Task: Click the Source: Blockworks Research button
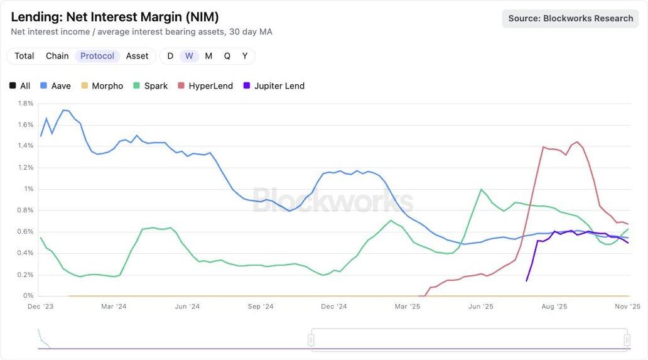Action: tap(570, 18)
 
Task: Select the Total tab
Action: tap(24, 56)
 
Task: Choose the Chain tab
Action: tap(57, 56)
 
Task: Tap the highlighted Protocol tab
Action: tap(97, 56)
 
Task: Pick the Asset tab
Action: tap(137, 56)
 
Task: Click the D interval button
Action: tap(170, 56)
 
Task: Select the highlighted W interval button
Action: tap(189, 56)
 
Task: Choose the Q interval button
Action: tap(227, 56)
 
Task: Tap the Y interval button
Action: tap(245, 56)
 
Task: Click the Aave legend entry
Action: tap(55, 85)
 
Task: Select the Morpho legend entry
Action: tap(102, 85)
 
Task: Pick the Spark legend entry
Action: tap(150, 85)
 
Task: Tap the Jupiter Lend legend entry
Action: tap(273, 85)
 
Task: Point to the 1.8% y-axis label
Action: tap(25, 103)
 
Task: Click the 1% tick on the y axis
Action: tap(28, 188)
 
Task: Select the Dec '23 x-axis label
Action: tap(41, 306)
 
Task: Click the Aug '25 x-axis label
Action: tap(554, 306)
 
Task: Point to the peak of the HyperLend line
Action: tap(577, 142)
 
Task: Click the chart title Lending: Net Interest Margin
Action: tap(115, 17)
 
